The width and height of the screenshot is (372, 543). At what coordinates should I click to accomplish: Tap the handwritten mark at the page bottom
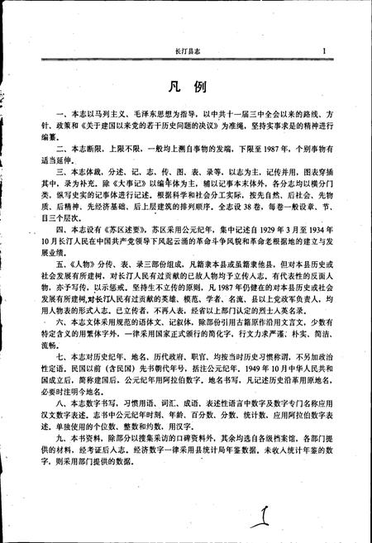262,503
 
